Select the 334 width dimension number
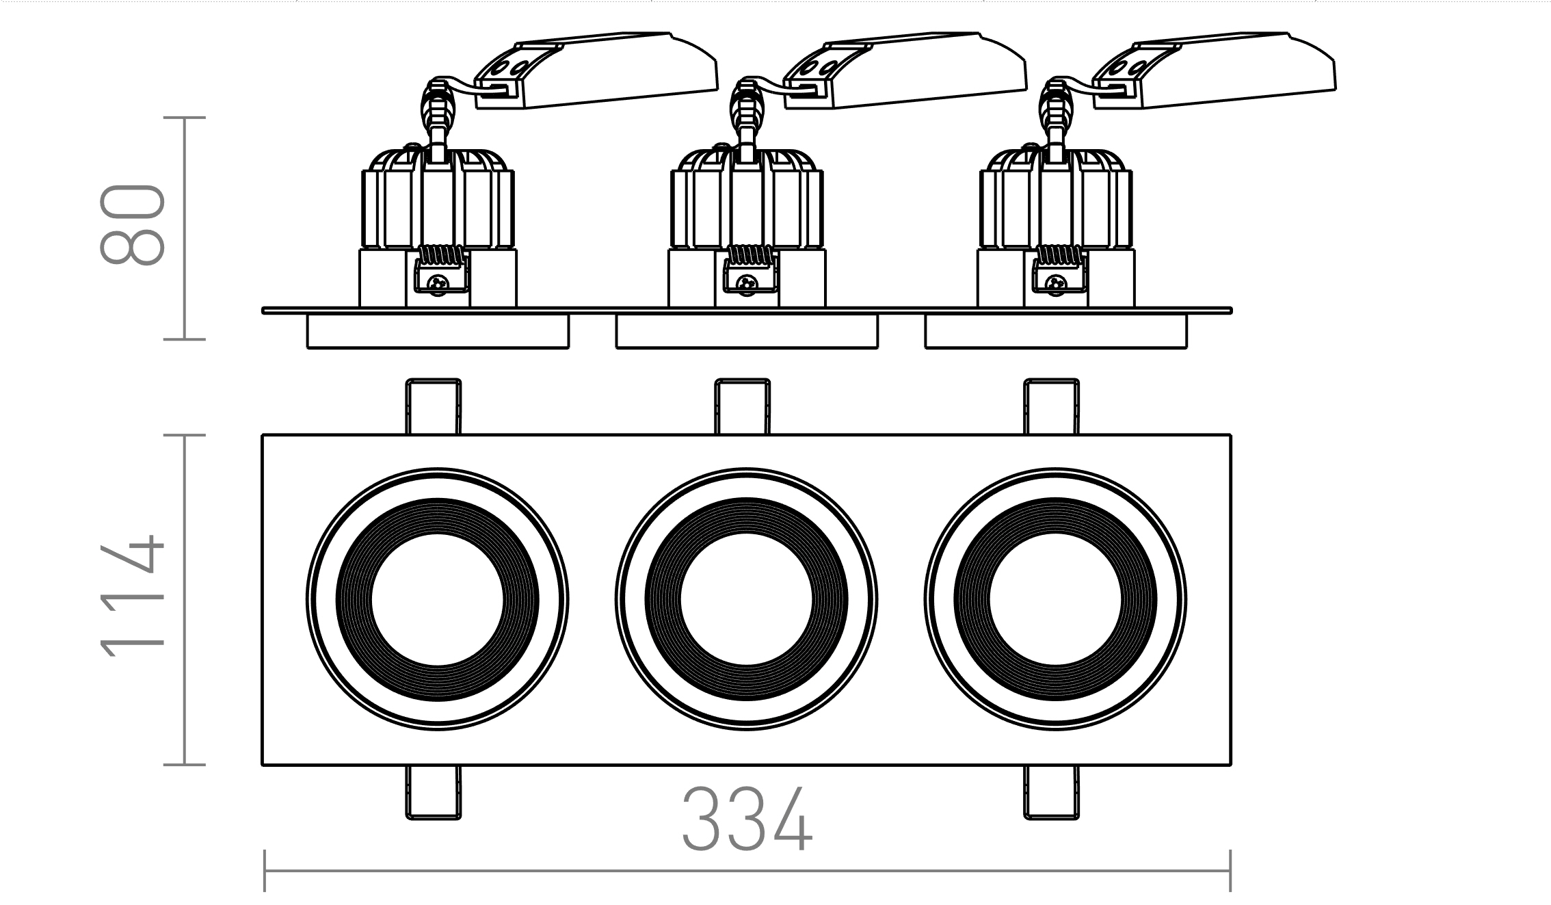[x=747, y=819]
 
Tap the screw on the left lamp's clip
[x=437, y=282]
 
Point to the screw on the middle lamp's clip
[x=746, y=282]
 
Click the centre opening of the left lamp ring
[x=437, y=600]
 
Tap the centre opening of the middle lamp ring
[x=746, y=600]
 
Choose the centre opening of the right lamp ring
[x=1055, y=600]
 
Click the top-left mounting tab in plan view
[x=433, y=406]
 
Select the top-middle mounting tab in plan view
[x=742, y=406]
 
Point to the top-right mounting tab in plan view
[x=1051, y=406]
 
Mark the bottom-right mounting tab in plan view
[x=1051, y=792]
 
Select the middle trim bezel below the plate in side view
[x=747, y=332]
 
